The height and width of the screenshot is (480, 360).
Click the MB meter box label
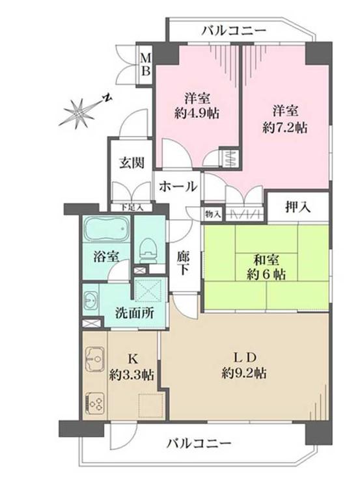tap(146, 64)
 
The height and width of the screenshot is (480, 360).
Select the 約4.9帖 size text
tap(197, 114)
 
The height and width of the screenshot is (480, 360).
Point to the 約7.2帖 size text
tap(285, 127)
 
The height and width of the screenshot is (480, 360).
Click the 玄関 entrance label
tap(131, 163)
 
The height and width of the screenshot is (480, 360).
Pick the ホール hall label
tap(178, 186)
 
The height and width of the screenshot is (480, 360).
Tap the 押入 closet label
tap(298, 207)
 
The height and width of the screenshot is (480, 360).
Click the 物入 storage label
tap(213, 214)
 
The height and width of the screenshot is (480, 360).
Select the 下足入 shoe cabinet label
tap(132, 207)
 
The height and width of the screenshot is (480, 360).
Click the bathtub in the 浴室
tap(106, 229)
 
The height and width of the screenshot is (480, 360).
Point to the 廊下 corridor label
tap(183, 263)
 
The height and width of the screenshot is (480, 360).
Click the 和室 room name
tap(266, 260)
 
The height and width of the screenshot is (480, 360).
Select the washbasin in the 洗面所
tap(91, 300)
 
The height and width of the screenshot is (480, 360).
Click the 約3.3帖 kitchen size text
tap(132, 375)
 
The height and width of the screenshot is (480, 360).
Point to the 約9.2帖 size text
tap(244, 373)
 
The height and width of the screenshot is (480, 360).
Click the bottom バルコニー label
tap(199, 443)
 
